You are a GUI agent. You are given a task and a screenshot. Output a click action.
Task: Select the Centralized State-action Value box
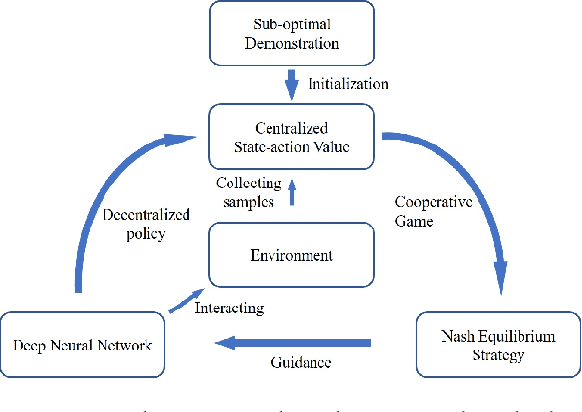click(290, 138)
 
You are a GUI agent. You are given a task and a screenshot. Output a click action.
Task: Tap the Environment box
click(290, 256)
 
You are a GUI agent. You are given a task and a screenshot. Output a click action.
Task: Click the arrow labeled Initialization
click(290, 84)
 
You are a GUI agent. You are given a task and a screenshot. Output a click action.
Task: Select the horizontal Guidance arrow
click(293, 342)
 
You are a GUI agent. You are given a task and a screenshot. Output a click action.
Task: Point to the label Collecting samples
click(249, 191)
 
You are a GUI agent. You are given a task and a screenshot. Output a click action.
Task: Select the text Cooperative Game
click(428, 211)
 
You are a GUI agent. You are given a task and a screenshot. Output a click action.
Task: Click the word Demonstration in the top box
click(290, 44)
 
